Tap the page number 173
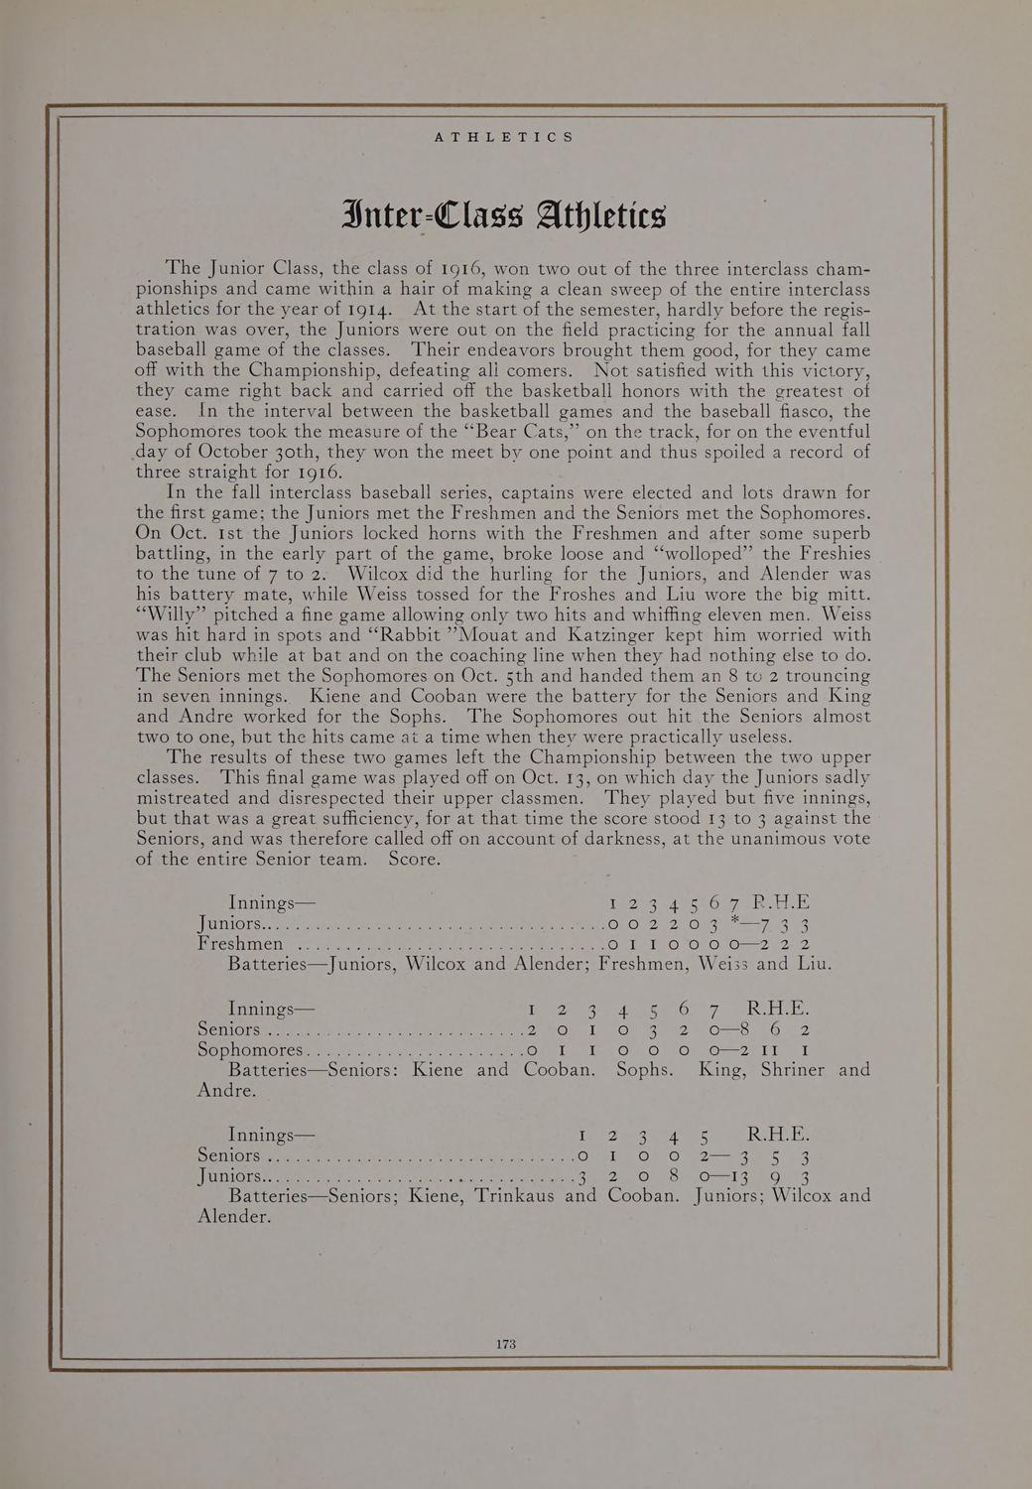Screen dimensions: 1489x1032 point(506,1344)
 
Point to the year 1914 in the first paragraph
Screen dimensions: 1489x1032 point(365,309)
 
